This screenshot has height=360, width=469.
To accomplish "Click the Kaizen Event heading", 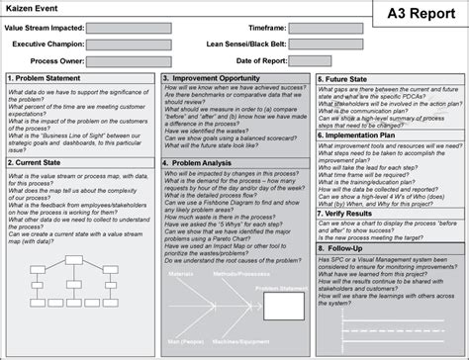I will click(34, 8).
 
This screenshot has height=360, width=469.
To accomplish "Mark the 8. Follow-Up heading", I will click(346, 250).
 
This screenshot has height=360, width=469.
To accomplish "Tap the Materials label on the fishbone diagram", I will click(182, 272).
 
